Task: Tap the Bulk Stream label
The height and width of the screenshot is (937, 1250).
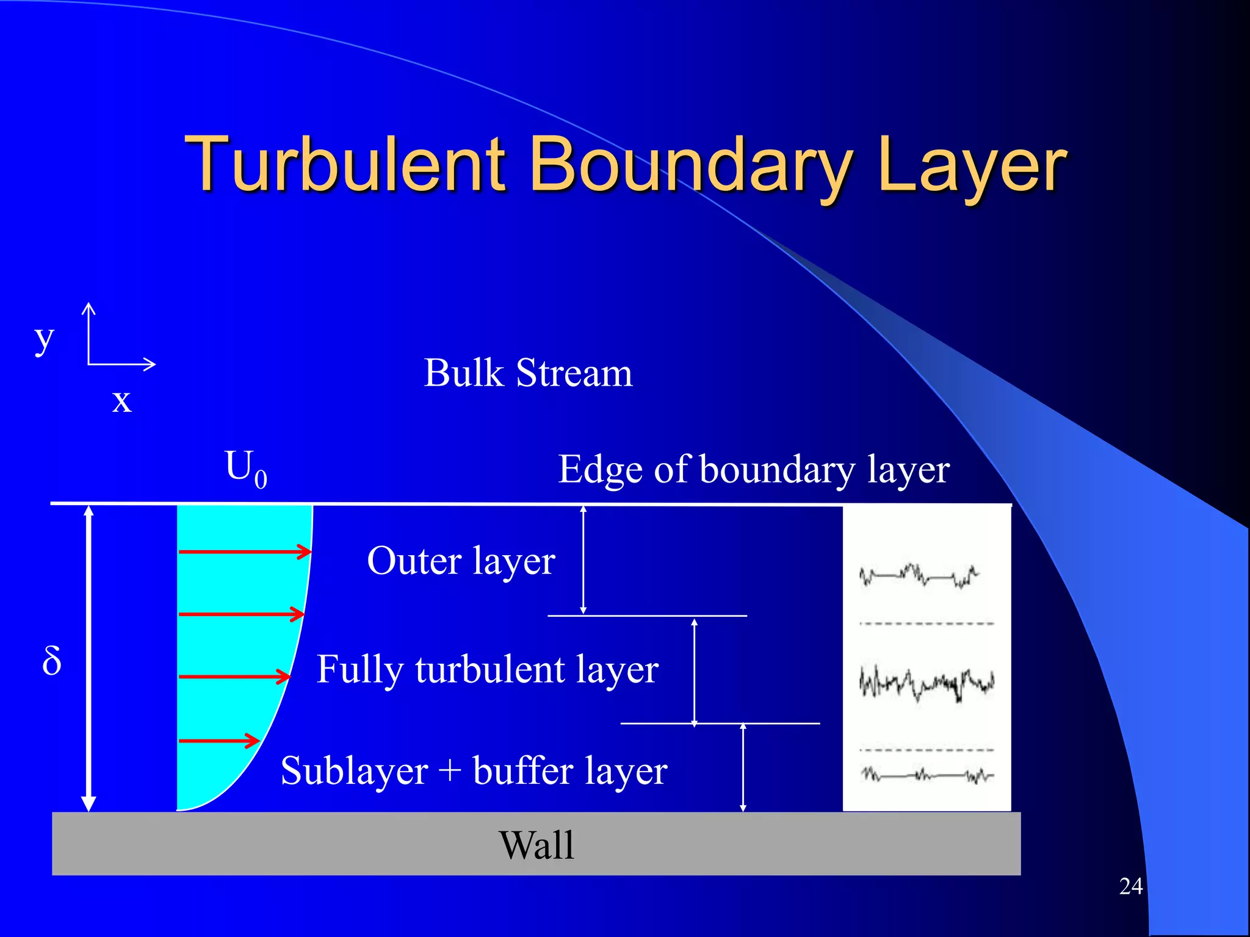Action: tap(528, 373)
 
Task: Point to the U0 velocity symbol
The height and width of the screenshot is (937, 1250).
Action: tap(244, 468)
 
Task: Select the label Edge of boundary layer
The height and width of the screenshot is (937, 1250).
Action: tap(754, 470)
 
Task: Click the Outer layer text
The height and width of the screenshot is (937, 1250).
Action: tap(461, 561)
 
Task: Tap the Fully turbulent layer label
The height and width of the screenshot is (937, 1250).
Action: tap(487, 670)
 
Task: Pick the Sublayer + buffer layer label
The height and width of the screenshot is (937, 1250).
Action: tap(474, 771)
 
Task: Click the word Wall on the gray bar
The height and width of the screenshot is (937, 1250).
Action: tap(536, 845)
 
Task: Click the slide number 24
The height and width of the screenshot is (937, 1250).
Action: tap(1130, 886)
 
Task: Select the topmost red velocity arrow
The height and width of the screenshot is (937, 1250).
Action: tap(244, 551)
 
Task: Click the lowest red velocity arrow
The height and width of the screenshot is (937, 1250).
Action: tap(219, 741)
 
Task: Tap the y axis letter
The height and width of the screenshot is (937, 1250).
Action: tap(44, 339)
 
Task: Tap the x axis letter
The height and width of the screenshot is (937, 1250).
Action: tap(121, 401)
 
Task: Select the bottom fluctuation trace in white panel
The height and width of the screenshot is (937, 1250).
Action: tap(927, 776)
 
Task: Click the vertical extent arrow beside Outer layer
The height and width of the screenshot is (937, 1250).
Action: tap(583, 559)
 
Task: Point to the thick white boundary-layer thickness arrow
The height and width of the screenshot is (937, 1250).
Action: tap(89, 659)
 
